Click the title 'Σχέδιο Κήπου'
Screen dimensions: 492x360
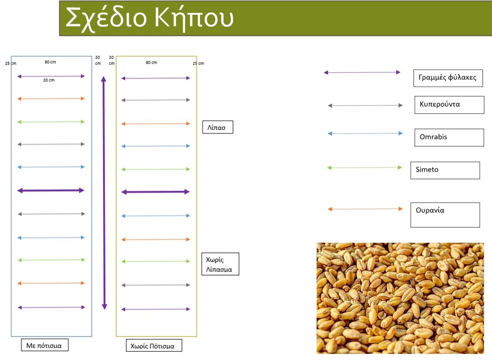(150, 18)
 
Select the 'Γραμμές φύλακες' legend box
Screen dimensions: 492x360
(448, 78)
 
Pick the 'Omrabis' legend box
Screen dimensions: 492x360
(449, 138)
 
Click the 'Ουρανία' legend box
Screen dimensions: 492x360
(445, 215)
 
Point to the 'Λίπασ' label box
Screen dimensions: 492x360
(218, 127)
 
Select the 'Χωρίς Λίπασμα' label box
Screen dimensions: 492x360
(220, 264)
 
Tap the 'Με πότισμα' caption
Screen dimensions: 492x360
(45, 345)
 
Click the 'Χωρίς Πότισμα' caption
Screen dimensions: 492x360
(154, 345)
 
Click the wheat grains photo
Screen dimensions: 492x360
(400, 298)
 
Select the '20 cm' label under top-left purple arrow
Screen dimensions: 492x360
(49, 81)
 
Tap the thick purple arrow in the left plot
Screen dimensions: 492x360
(51, 190)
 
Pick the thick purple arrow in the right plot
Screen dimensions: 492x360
(156, 192)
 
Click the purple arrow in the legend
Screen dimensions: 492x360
(362, 72)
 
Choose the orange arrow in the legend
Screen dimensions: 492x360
(365, 209)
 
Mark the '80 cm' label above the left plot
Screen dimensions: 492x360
(50, 62)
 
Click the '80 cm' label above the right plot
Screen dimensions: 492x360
(151, 63)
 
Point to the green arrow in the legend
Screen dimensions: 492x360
(365, 168)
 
